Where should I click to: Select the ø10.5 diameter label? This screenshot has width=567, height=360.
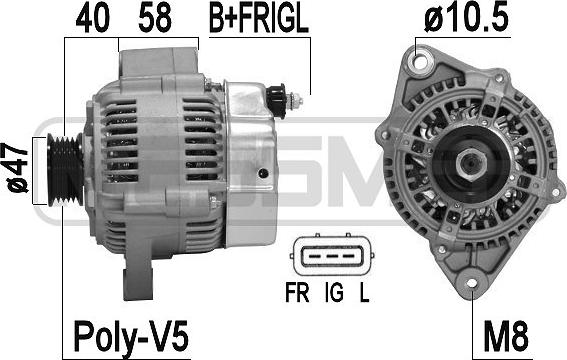tap(466, 17)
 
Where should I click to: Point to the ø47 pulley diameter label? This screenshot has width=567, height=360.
tap(17, 167)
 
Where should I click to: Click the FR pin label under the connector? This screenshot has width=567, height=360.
tap(297, 292)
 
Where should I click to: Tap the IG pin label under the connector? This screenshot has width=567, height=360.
tap(334, 292)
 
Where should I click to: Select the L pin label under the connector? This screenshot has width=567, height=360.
tap(364, 292)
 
